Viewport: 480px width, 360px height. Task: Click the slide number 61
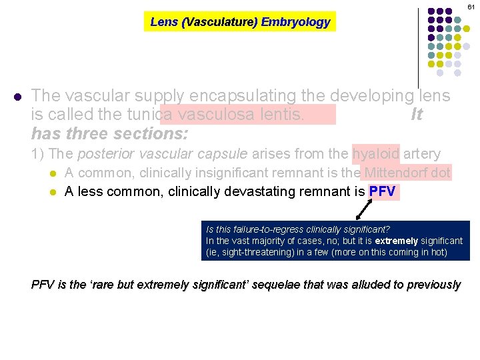[x=471, y=6]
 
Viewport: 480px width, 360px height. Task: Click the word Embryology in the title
[x=295, y=22]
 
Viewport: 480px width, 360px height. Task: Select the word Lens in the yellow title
[x=164, y=22]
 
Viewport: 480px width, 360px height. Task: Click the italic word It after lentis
[x=417, y=115]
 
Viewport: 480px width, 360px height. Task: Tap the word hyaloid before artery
[x=376, y=154]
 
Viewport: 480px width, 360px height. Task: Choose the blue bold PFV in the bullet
[x=383, y=192]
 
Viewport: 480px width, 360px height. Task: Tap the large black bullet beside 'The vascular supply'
[x=17, y=97]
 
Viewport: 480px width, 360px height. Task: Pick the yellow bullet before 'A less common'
[x=53, y=193]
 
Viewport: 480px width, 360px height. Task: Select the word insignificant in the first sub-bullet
[x=232, y=173]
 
